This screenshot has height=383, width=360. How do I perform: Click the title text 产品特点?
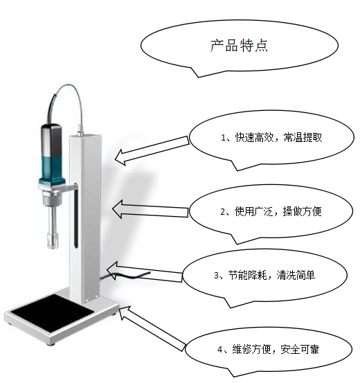(239, 46)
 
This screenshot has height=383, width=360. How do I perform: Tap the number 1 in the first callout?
(223, 138)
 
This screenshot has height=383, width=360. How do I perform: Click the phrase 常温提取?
(303, 138)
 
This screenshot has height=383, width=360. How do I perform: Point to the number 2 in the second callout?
(222, 211)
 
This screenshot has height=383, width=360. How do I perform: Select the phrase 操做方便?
(302, 211)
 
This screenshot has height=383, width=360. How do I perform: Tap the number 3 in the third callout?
(216, 275)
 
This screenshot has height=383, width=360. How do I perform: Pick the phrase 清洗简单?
(296, 275)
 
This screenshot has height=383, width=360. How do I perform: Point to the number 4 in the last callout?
(220, 350)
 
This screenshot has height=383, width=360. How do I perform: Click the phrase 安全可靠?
(300, 350)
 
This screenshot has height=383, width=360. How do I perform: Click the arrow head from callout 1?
(120, 158)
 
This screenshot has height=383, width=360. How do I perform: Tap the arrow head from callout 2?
(117, 209)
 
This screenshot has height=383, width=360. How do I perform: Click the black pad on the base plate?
(53, 313)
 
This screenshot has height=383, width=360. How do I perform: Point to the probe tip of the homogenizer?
(53, 240)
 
